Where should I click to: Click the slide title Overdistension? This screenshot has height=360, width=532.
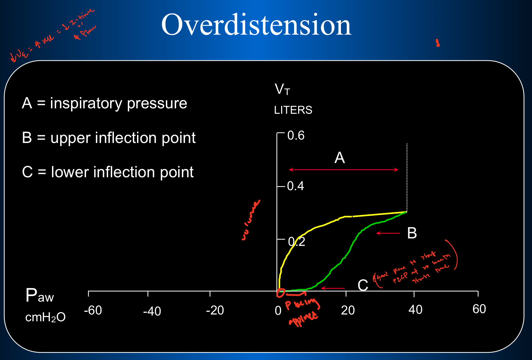click(256, 25)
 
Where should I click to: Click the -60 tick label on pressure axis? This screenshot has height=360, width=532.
click(93, 310)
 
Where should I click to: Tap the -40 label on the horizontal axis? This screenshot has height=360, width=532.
click(152, 311)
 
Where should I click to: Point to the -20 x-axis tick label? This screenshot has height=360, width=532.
click(215, 310)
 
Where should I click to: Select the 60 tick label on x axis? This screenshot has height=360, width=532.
click(479, 309)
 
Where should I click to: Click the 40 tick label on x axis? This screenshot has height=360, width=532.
click(415, 310)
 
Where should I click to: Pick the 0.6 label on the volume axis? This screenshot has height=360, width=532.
click(296, 136)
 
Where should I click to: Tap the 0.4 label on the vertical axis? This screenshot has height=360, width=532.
click(295, 186)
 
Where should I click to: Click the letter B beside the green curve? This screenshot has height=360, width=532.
click(412, 233)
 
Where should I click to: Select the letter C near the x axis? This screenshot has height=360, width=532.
click(363, 285)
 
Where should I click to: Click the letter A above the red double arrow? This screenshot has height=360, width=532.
click(340, 158)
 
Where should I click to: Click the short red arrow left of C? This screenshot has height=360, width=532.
click(333, 288)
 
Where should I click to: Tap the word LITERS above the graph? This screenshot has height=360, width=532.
click(293, 110)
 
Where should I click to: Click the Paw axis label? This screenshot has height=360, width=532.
click(39, 296)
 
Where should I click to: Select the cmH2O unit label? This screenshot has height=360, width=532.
click(45, 317)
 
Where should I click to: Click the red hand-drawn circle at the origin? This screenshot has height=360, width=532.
click(281, 292)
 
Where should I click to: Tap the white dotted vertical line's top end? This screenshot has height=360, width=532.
click(407, 144)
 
